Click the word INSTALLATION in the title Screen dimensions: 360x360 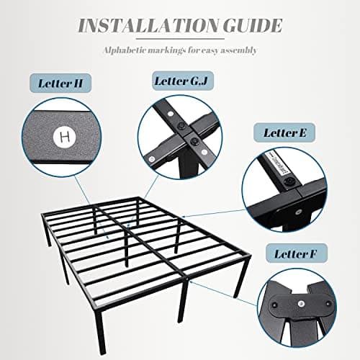tap(143, 27)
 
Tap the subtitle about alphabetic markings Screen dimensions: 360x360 tap(179, 51)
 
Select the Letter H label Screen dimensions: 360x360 tap(58, 83)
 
